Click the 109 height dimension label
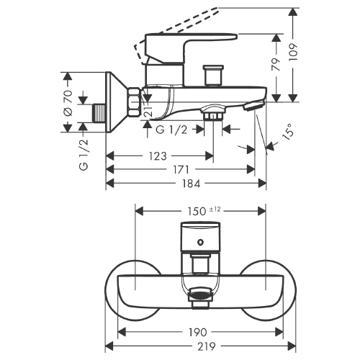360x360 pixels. click(293, 52)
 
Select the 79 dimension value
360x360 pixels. click(276, 64)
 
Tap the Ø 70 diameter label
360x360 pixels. click(68, 103)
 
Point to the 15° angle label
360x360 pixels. click(288, 131)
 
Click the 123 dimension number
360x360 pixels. click(158, 156)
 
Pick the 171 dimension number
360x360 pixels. click(181, 170)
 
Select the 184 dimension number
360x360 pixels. click(191, 184)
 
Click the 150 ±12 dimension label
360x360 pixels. click(204, 211)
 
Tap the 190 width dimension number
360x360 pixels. click(197, 333)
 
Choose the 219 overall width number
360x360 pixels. click(207, 346)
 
